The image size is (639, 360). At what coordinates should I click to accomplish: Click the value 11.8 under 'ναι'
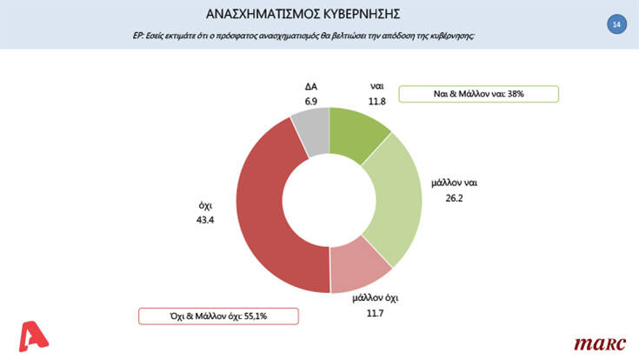point(377,102)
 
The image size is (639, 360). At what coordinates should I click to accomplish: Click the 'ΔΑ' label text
point(310,88)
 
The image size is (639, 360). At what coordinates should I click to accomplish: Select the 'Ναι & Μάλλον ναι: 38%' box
point(454,94)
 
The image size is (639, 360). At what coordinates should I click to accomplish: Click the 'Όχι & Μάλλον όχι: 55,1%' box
point(218,315)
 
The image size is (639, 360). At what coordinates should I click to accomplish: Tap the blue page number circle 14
point(616,25)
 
